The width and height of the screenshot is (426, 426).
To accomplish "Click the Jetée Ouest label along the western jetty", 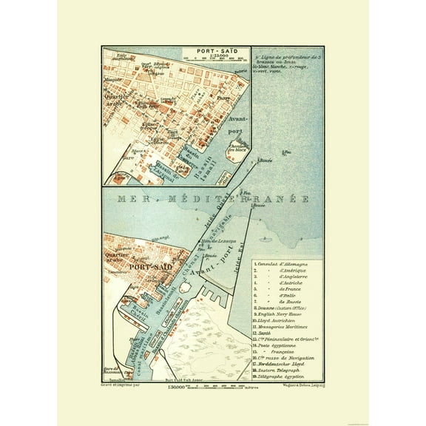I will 212,228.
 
